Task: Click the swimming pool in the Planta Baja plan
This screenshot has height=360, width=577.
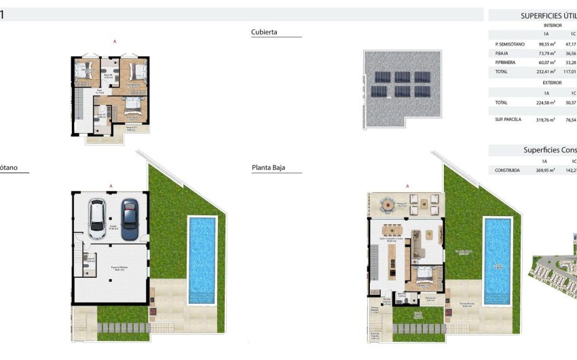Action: [496, 260]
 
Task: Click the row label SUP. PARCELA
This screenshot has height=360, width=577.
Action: [508, 120]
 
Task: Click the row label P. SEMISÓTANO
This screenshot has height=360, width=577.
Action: [510, 44]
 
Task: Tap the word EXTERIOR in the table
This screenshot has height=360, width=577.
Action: [552, 83]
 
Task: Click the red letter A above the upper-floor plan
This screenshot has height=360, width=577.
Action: [115, 42]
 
